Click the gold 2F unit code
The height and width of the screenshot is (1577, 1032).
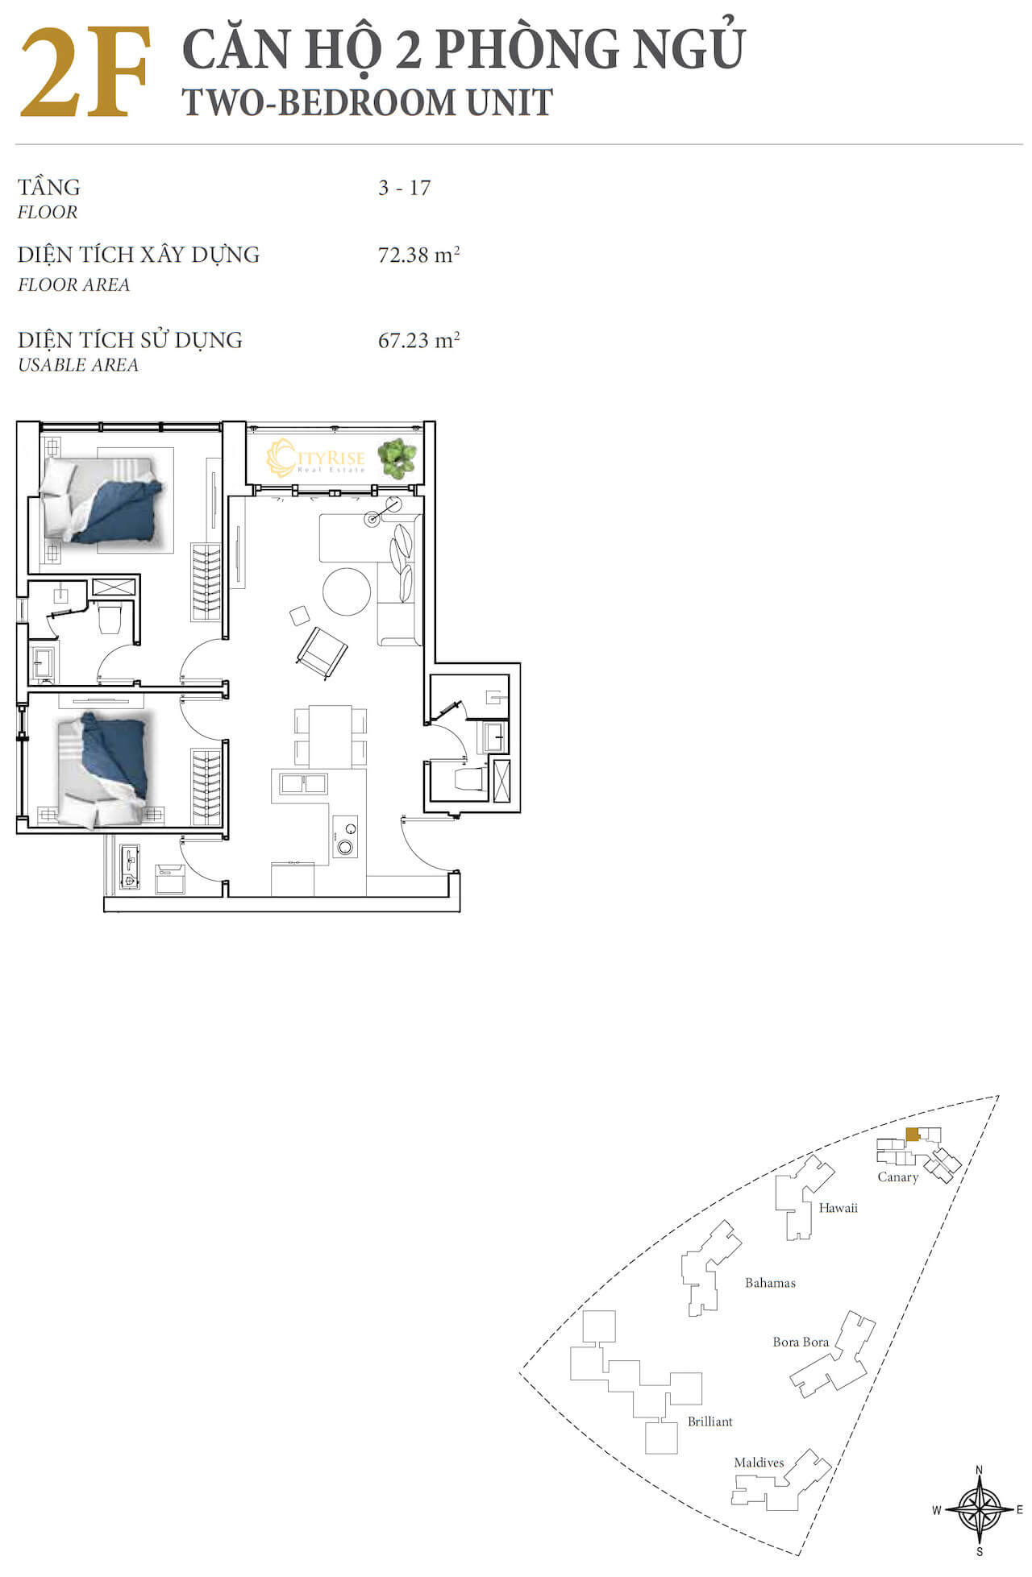pyautogui.click(x=85, y=73)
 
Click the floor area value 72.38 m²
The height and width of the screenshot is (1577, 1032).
pyautogui.click(x=418, y=255)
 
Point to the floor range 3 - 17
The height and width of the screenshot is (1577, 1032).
pyautogui.click(x=404, y=188)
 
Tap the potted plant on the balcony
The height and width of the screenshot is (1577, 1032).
pyautogui.click(x=397, y=459)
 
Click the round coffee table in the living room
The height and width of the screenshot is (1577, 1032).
pyautogui.click(x=347, y=591)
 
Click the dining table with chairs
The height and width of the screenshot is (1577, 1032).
pyautogui.click(x=331, y=736)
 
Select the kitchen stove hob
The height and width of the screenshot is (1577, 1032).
pyautogui.click(x=345, y=836)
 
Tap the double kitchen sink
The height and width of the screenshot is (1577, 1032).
pyautogui.click(x=302, y=783)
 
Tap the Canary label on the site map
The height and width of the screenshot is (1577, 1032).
pyautogui.click(x=897, y=1177)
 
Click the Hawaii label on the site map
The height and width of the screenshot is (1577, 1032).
pyautogui.click(x=838, y=1207)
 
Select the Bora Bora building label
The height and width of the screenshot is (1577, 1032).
pyautogui.click(x=801, y=1342)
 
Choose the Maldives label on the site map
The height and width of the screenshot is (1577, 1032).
pyautogui.click(x=759, y=1463)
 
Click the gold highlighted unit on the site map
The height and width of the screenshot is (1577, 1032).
pyautogui.click(x=912, y=1135)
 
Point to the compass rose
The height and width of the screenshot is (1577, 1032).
pyautogui.click(x=979, y=1509)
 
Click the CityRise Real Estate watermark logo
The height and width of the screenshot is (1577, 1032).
pyautogui.click(x=316, y=459)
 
